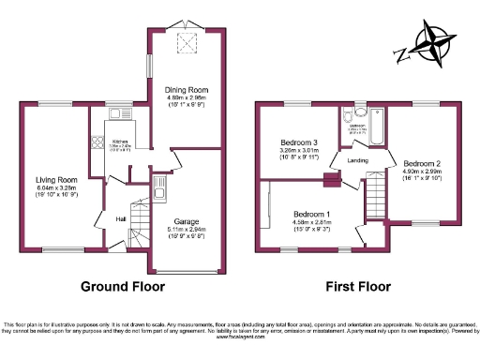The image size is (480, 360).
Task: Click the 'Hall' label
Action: (121, 219)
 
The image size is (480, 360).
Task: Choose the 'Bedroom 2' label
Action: (422, 162)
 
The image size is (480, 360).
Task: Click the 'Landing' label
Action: (357, 160)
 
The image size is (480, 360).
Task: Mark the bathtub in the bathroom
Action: (378, 130)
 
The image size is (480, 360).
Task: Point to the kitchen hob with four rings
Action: (97, 142)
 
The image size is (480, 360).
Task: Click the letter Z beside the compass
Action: (401, 53)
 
